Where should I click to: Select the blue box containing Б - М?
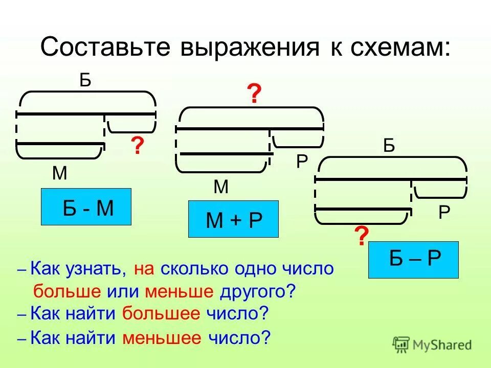point(86,207)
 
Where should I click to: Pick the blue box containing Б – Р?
point(413,260)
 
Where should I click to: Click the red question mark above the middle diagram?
point(254,95)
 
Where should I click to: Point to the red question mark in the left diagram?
point(137,146)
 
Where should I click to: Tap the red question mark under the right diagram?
point(361,237)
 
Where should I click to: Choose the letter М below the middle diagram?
point(221,187)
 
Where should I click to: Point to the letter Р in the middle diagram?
point(302,162)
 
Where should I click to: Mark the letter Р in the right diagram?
point(444,212)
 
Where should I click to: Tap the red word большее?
point(161,314)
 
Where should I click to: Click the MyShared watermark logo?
point(432,344)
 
